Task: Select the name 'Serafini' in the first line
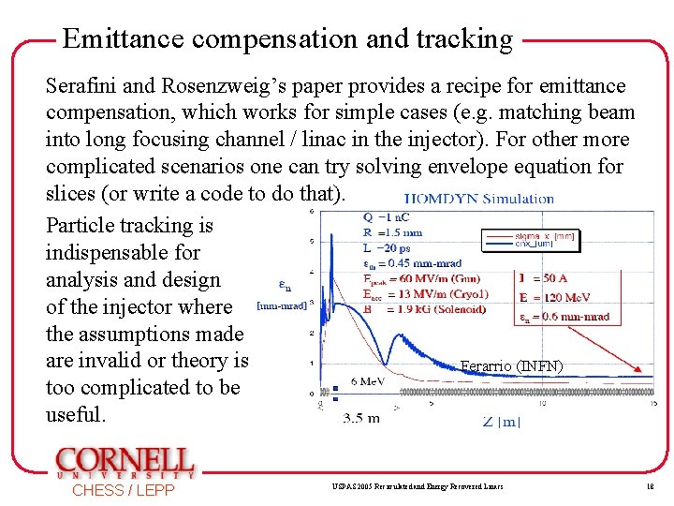[x=81, y=86]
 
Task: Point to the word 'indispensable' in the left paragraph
[x=123, y=252]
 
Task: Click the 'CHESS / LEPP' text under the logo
[x=124, y=490]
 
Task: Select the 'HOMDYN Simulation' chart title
[x=479, y=199]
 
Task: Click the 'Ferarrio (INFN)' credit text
[x=511, y=366]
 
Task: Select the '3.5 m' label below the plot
[x=361, y=418]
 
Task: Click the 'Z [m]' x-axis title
[x=502, y=421]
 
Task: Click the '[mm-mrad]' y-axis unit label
[x=280, y=305]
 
